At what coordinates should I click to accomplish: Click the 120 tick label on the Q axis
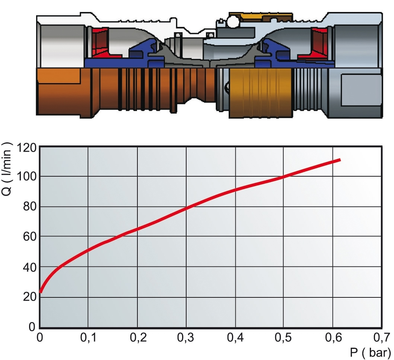[26, 148]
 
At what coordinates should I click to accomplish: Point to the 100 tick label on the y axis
[26, 177]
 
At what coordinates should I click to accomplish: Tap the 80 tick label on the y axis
[30, 206]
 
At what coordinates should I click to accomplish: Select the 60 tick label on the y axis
[30, 237]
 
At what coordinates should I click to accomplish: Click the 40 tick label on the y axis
[30, 267]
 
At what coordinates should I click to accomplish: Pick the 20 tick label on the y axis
[30, 297]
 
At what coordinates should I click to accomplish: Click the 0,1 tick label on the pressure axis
[88, 337]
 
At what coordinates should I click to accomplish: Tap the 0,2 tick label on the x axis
[138, 337]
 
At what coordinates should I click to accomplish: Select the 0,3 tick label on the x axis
[185, 337]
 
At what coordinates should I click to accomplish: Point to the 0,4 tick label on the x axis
[235, 337]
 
